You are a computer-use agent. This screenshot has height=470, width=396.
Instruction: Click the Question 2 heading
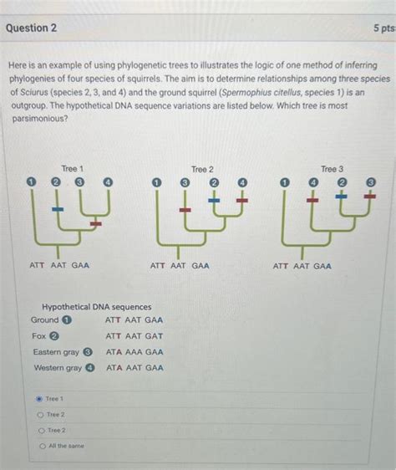tap(31, 28)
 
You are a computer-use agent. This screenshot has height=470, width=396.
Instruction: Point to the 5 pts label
tap(383, 28)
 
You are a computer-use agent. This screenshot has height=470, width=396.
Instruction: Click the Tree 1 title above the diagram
tap(73, 169)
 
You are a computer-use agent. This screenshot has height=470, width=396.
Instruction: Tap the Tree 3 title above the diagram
tap(333, 169)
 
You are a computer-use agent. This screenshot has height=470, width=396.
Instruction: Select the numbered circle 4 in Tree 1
tap(108, 181)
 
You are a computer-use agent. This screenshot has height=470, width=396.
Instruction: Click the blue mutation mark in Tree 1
tap(58, 208)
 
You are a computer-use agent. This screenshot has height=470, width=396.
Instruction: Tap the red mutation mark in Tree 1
tap(96, 224)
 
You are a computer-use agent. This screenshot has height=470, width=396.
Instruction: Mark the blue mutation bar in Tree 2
tap(214, 201)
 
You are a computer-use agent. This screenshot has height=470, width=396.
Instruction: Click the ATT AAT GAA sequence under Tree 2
tap(180, 266)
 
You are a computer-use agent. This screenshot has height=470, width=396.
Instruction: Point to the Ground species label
tap(45, 319)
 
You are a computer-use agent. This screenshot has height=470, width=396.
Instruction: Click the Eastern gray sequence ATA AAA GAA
tap(135, 352)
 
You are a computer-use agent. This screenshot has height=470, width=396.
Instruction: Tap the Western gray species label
tap(58, 368)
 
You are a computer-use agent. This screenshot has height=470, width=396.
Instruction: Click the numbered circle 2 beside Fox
tap(54, 336)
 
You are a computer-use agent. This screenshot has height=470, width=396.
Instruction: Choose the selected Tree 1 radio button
tap(39, 399)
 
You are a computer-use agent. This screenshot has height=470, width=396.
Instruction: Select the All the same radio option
tap(41, 446)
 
